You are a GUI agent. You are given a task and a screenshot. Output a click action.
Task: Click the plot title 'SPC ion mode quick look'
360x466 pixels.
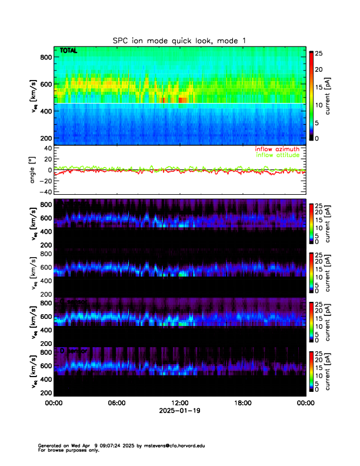[179, 41]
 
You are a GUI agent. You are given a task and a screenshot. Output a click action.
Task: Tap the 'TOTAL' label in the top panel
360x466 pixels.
[69, 52]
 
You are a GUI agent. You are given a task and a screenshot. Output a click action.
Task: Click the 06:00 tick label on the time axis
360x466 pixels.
[116, 404]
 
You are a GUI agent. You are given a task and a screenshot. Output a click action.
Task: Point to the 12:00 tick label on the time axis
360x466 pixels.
[179, 404]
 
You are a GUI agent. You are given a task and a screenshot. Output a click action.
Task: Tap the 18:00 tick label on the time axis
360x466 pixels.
[243, 404]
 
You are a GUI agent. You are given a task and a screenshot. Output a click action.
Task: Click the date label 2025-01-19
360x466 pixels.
[179, 412]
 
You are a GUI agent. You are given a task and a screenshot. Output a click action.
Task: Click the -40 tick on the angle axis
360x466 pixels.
[44, 191]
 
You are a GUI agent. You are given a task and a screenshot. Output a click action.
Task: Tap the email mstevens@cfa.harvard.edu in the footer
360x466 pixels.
[174, 445]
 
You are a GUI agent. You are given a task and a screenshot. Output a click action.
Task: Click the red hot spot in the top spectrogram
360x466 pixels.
[183, 101]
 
